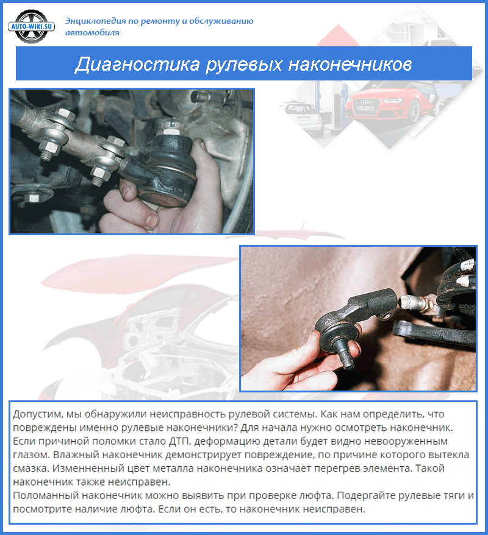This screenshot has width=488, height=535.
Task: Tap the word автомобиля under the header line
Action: [92, 32]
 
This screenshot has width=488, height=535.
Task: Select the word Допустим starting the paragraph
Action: [36, 414]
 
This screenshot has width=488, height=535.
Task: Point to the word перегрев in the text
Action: [324, 467]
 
